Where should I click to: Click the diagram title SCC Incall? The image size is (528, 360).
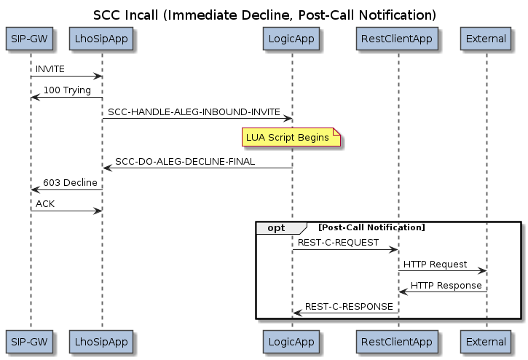(264, 15)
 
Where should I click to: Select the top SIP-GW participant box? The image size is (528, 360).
(31, 40)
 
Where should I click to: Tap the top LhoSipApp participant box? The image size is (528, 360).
(102, 40)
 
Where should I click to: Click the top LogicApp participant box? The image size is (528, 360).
(292, 40)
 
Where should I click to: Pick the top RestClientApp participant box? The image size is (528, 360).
(398, 40)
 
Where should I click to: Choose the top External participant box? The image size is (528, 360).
(486, 40)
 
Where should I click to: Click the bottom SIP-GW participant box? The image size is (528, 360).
(31, 341)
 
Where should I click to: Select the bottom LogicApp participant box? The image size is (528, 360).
(292, 341)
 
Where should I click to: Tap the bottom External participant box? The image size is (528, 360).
(486, 341)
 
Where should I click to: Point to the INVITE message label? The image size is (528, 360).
(50, 69)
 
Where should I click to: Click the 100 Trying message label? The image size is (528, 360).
(67, 90)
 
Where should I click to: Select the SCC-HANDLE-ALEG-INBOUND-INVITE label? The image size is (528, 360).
(194, 111)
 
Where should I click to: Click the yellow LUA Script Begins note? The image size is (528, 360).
(291, 138)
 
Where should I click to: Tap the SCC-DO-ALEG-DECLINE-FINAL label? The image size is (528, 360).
(185, 161)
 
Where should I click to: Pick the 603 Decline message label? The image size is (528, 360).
(70, 183)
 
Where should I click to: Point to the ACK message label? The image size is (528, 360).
(45, 204)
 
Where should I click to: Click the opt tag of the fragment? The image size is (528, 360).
(277, 228)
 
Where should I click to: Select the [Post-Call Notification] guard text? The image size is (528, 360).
(371, 228)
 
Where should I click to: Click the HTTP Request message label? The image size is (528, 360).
(435, 264)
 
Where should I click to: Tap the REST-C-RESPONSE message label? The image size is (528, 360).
(349, 307)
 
